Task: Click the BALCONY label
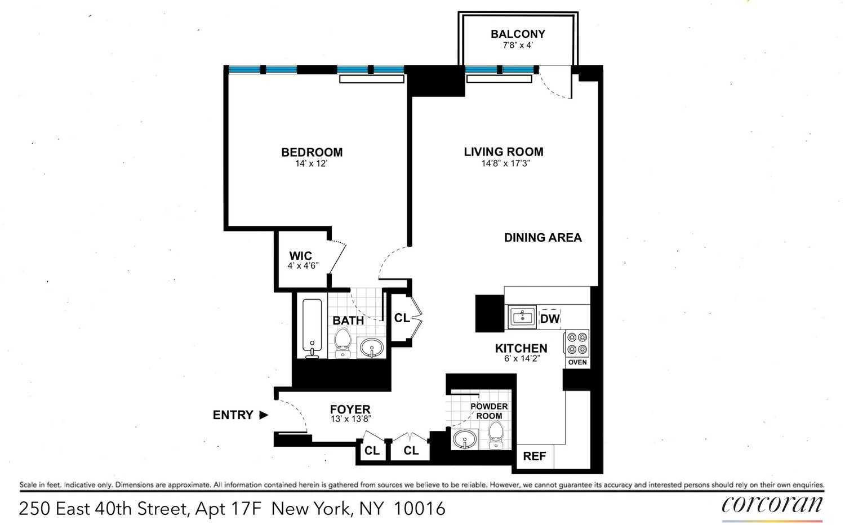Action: [x=518, y=34]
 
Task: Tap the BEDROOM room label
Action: [x=312, y=152]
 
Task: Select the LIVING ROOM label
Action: [x=503, y=152]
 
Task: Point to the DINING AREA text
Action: [x=542, y=238]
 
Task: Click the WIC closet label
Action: [x=300, y=256]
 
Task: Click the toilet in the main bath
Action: [x=342, y=342]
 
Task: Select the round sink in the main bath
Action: [x=371, y=348]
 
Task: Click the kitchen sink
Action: [x=522, y=317]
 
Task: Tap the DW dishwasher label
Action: [x=549, y=319]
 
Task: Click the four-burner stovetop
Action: [x=577, y=343]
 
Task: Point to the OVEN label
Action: [x=577, y=362]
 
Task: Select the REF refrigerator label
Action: [x=534, y=456]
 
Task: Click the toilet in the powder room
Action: [x=496, y=435]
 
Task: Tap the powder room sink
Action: [x=465, y=439]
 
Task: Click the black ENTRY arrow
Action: [x=264, y=415]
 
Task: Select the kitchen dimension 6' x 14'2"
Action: [x=522, y=358]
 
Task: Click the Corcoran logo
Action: [x=772, y=504]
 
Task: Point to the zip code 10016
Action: [x=420, y=509]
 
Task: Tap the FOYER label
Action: [x=350, y=410]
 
